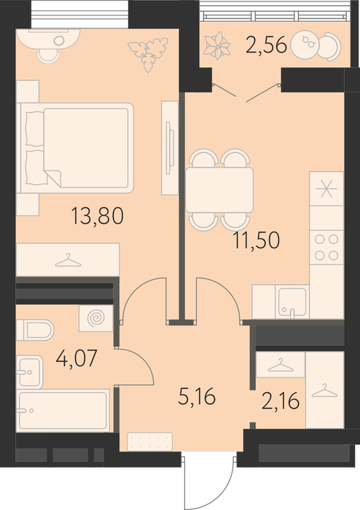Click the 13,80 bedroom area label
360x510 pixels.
pos(97,216)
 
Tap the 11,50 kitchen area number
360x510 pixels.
pos(257,240)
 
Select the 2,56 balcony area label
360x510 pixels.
pos(266,44)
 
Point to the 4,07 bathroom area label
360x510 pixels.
pos(77,358)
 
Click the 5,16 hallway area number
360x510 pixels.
pos(197,396)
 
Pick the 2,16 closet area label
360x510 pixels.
pos(281,401)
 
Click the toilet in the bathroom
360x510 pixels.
pos(35,330)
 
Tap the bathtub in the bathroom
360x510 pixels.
pos(63,410)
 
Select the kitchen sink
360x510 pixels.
pos(292,302)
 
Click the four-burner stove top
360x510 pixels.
pos(326,247)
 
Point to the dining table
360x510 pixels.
pos(219,190)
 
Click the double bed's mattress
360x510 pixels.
pos(85,148)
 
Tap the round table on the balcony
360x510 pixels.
pos(304,45)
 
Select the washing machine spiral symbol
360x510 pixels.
pos(96,318)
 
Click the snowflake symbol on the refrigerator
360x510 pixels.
pos(326,189)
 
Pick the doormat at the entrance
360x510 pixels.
pos(149,442)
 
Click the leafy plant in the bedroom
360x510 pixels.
pos(148,55)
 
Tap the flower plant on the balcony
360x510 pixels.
pos(217,45)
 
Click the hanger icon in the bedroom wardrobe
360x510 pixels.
pos(68,261)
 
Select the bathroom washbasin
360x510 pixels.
pos(30,372)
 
